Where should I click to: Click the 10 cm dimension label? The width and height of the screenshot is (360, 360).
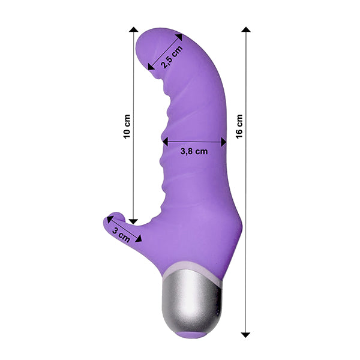click(x=127, y=127)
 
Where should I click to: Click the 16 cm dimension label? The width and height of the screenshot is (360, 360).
click(x=239, y=127)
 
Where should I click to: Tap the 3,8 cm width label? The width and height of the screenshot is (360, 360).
click(x=194, y=152)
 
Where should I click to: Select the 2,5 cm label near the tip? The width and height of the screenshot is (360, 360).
click(x=172, y=57)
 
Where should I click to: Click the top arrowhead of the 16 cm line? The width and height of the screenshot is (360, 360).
click(x=246, y=29)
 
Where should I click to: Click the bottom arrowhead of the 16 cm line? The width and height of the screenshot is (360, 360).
click(x=245, y=335)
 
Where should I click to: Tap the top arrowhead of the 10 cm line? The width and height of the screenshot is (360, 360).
click(x=134, y=29)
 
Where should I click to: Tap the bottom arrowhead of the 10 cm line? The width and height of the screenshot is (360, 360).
click(x=133, y=221)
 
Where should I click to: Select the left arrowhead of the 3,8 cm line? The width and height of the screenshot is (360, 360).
click(x=166, y=142)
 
